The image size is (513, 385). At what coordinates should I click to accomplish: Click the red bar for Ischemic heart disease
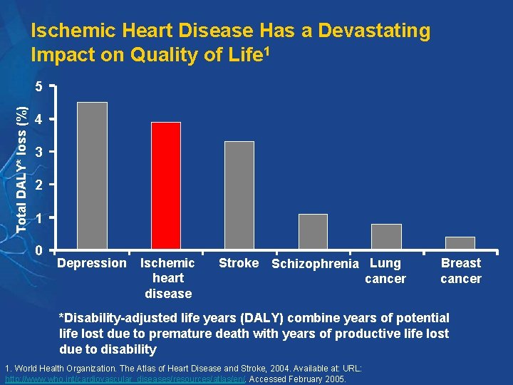point(165,185)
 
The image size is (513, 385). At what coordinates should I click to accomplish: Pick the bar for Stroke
point(239,195)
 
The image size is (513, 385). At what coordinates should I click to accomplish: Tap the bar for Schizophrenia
point(313,232)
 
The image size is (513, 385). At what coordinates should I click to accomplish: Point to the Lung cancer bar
point(386,237)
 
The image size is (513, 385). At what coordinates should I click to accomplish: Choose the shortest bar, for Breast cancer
point(460,243)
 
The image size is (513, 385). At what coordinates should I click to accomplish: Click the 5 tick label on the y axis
point(40,87)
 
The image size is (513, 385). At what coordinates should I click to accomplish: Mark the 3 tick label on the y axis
point(40,153)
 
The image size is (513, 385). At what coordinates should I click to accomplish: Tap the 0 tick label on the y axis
point(40,250)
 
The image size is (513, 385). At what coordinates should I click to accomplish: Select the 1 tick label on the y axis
point(40,218)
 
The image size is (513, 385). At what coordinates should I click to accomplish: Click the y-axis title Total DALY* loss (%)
point(22,168)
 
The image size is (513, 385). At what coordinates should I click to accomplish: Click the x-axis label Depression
point(92,263)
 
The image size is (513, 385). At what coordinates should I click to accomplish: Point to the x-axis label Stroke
point(239,263)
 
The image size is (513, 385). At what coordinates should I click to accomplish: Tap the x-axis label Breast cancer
point(461,271)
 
